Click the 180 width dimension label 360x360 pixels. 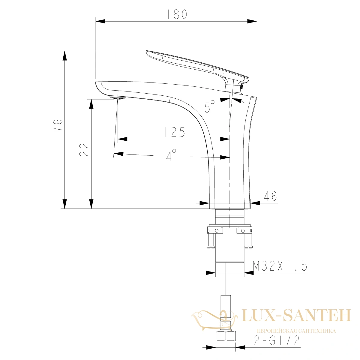(x=177, y=14)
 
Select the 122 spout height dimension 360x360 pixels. (x=85, y=153)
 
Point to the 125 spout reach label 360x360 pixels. (x=175, y=132)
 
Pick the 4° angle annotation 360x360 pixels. (x=171, y=155)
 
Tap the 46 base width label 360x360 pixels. (x=270, y=196)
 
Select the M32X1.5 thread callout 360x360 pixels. (x=280, y=266)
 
